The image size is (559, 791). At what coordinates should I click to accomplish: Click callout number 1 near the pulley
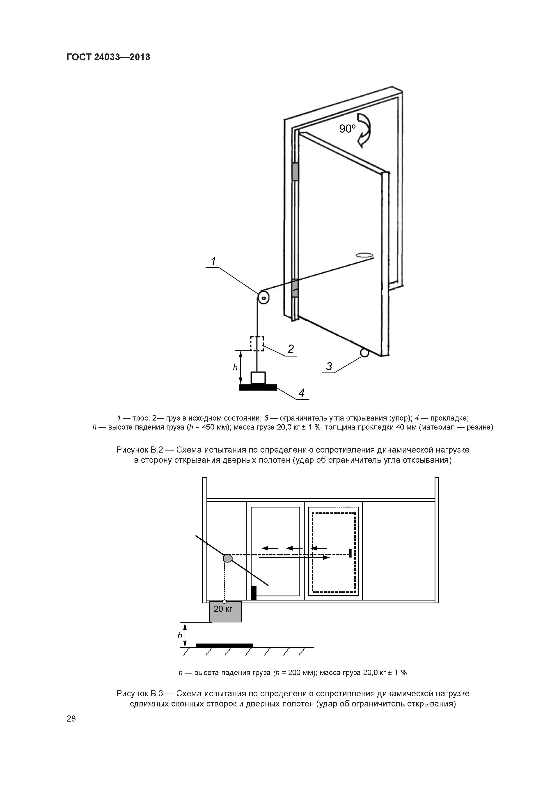[x=213, y=262]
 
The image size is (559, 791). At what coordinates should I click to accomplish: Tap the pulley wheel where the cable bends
[x=263, y=297]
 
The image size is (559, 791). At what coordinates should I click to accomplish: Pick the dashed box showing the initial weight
[x=257, y=343]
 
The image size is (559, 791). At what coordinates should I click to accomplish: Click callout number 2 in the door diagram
[x=291, y=349]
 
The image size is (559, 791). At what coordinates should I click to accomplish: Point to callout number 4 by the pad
[x=302, y=393]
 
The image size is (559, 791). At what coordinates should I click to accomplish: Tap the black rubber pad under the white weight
[x=258, y=388]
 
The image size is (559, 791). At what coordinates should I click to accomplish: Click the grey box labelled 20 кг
[x=225, y=612]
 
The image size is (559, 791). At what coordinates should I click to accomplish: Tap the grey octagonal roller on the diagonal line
[x=228, y=558]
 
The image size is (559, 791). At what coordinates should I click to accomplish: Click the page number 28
[x=71, y=719]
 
